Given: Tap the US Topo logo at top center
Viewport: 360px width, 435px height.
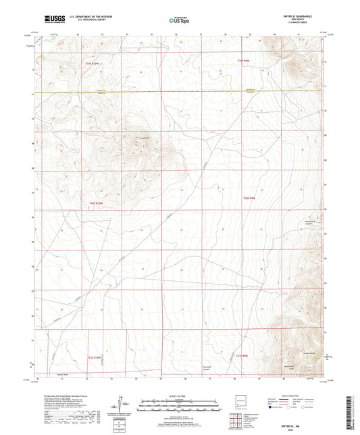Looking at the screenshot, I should click(x=180, y=20).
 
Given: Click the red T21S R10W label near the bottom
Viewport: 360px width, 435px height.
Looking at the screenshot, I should click(x=97, y=357).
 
